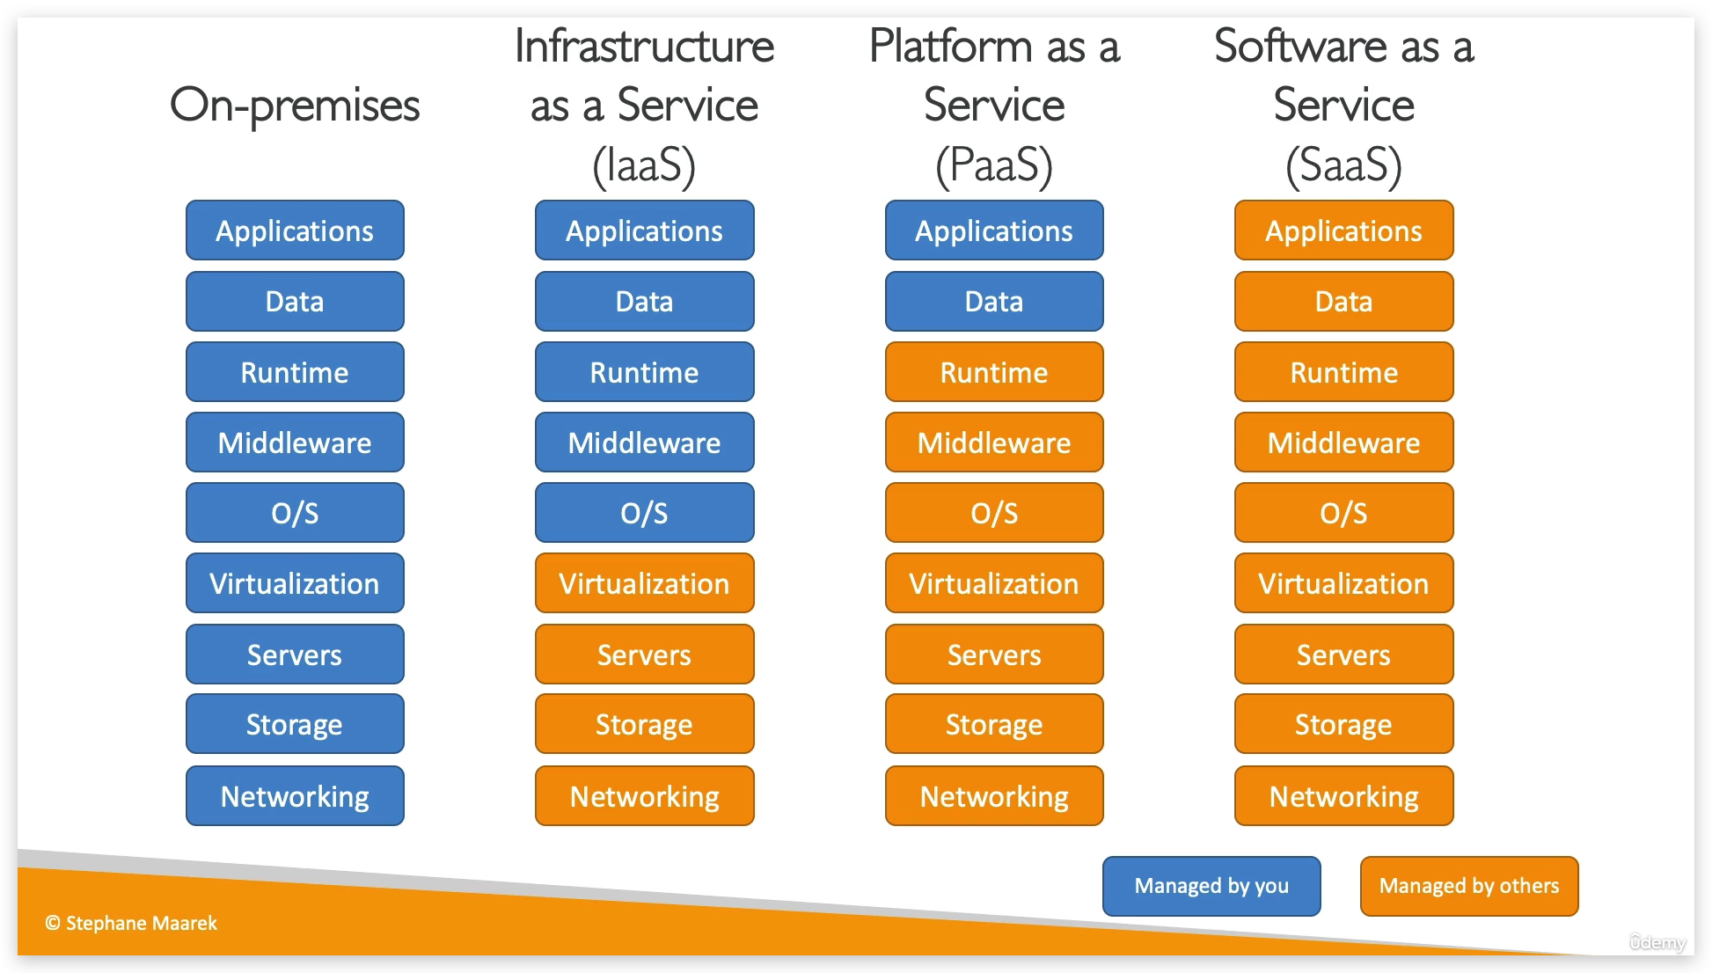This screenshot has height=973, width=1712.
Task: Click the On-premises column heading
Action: [295, 106]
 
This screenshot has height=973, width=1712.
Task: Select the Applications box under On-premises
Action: [295, 230]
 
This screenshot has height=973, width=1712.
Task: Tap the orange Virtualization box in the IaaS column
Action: [644, 583]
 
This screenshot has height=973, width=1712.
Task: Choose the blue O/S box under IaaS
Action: [644, 513]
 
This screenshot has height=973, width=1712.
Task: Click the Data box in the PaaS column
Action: [994, 302]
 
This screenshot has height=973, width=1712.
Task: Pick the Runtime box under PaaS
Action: [994, 372]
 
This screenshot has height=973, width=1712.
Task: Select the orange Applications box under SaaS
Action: [1343, 230]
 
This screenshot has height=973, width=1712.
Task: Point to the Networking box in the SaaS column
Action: [1343, 796]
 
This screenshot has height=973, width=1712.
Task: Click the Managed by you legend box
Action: [1211, 886]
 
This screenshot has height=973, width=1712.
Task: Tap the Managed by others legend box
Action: [1469, 886]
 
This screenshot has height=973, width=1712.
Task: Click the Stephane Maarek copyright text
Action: [131, 923]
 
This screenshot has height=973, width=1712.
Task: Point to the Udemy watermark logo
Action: [1657, 942]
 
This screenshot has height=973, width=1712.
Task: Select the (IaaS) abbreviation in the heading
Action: [644, 165]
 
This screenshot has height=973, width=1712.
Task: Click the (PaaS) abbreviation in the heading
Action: [994, 165]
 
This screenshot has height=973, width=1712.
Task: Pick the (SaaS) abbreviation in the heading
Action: [1343, 165]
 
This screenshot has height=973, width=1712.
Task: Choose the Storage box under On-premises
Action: [295, 724]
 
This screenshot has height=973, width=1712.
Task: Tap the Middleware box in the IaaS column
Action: [644, 443]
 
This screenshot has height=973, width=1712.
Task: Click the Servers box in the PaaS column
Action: [994, 655]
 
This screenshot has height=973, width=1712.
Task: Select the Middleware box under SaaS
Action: [1343, 443]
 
